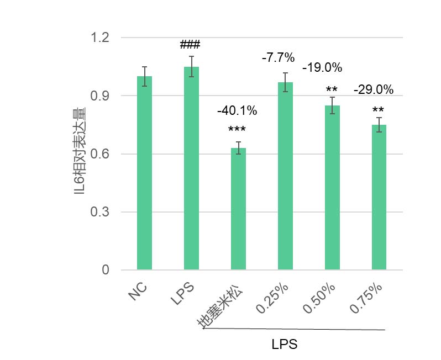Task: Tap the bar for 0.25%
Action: (285, 176)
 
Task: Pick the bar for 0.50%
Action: (332, 188)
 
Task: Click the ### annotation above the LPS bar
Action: (190, 45)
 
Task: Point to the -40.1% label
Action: (237, 111)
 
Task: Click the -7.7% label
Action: (278, 57)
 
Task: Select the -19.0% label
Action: (322, 68)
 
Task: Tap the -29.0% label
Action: (374, 89)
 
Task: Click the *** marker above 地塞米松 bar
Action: (237, 130)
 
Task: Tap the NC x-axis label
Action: (138, 293)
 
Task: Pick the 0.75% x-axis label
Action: (366, 300)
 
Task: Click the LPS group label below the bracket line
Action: (285, 345)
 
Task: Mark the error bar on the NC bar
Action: (144, 76)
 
